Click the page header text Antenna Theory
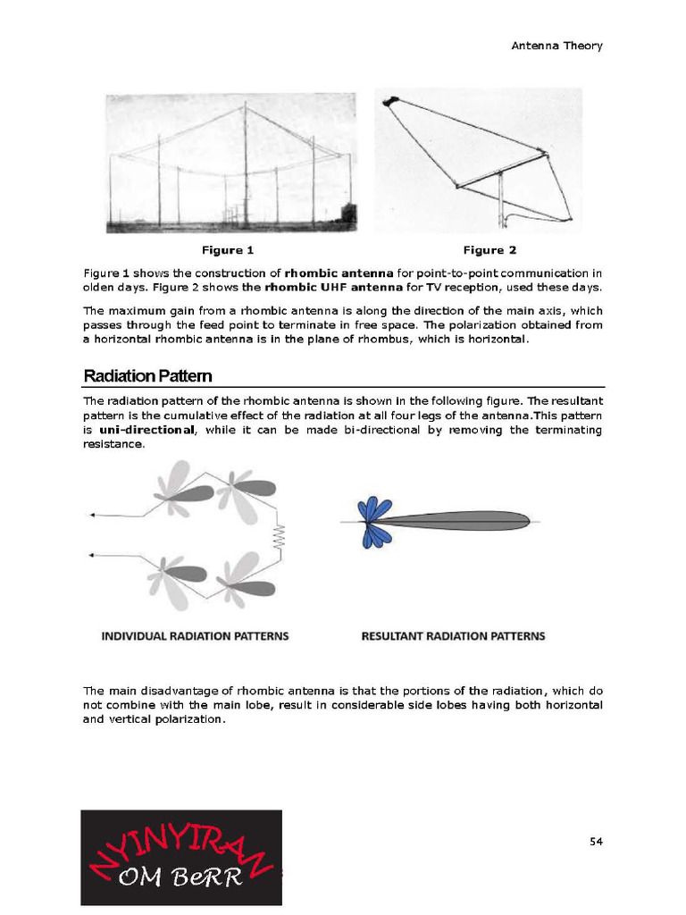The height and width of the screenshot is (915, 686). tap(556, 46)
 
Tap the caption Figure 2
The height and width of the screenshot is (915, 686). tap(489, 250)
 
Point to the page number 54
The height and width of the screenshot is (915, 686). tap(596, 841)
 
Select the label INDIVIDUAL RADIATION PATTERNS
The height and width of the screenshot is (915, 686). tap(195, 636)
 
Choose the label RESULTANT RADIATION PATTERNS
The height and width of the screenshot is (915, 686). tap(453, 636)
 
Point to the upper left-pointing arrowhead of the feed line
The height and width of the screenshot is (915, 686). tap(92, 516)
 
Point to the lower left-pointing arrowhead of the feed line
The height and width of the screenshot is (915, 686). tap(92, 556)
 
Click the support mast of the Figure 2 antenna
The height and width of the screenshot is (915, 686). tap(500, 201)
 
